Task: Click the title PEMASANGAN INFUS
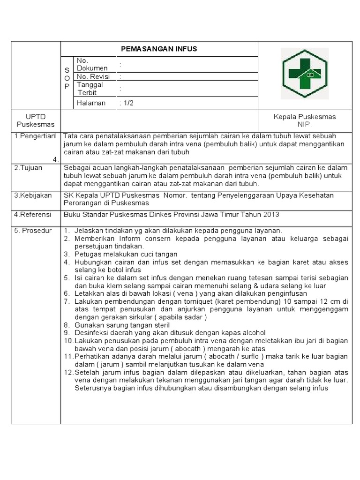pos(159,49)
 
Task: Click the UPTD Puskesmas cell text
pos(36,120)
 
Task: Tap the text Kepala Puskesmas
pos(304,117)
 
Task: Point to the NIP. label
pos(304,124)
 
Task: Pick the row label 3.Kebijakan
pos(33,195)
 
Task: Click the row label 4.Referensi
pos(33,215)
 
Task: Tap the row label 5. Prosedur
pos(33,230)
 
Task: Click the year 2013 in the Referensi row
pos(271,215)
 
